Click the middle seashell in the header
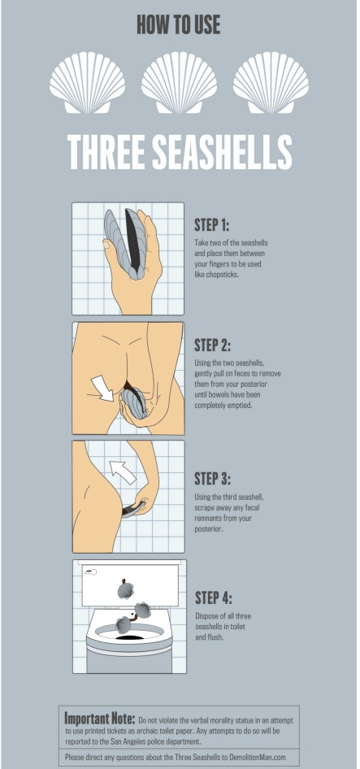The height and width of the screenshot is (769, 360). click(x=179, y=82)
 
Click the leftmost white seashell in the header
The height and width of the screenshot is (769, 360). click(x=87, y=82)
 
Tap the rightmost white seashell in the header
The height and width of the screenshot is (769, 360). click(x=271, y=82)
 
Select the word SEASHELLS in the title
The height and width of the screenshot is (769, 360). click(x=222, y=152)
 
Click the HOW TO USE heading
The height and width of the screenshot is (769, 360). click(x=179, y=24)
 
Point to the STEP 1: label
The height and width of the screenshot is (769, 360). click(x=212, y=225)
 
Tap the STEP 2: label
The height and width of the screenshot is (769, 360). click(x=212, y=345)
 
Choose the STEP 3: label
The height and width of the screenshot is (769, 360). click(x=212, y=478)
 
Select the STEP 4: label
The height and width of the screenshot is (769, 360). click(x=214, y=597)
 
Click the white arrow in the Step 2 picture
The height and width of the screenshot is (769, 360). click(x=103, y=388)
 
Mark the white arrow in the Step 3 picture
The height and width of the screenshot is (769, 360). click(x=122, y=472)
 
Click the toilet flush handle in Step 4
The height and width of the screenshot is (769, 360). click(x=90, y=571)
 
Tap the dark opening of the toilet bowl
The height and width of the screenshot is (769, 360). click(x=129, y=637)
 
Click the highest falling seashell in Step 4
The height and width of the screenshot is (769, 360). click(x=126, y=589)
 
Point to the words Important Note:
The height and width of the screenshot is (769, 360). click(x=100, y=719)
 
